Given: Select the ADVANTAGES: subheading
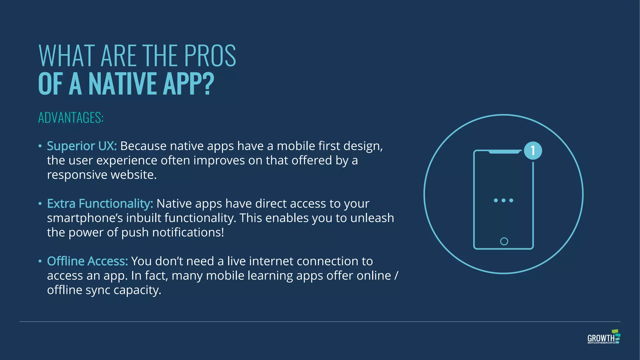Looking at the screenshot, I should pyautogui.click(x=71, y=118).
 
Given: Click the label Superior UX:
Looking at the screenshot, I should pyautogui.click(x=82, y=146).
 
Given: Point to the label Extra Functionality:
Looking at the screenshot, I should pyautogui.click(x=100, y=203).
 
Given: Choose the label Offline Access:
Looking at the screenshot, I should pyautogui.click(x=87, y=261).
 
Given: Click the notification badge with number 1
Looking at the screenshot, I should pyautogui.click(x=533, y=151).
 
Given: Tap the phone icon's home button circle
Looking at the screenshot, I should pyautogui.click(x=504, y=241).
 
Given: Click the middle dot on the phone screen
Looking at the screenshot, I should pyautogui.click(x=503, y=200).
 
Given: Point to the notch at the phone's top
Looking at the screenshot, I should pyautogui.click(x=505, y=152).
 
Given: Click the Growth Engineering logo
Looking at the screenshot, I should pyautogui.click(x=603, y=337).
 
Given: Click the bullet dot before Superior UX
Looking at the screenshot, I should pyautogui.click(x=40, y=146).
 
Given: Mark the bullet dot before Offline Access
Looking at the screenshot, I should pyautogui.click(x=40, y=261).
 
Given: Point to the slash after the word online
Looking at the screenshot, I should pyautogui.click(x=396, y=276).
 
